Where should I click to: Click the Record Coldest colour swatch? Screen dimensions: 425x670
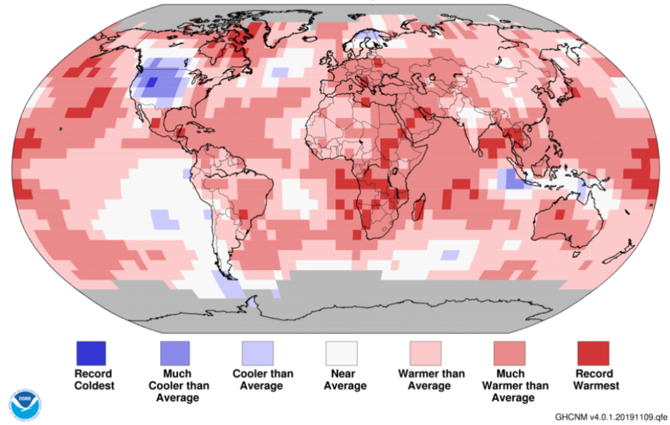tap(90, 353)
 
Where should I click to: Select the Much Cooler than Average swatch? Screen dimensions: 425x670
tap(174, 353)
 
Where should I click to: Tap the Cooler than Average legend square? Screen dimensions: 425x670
tap(258, 353)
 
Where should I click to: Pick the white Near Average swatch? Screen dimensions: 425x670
tap(342, 353)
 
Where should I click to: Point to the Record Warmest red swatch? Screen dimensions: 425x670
tap(593, 353)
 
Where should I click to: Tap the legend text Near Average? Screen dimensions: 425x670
tap(342, 380)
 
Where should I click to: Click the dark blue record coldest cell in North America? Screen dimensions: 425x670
tap(151, 83)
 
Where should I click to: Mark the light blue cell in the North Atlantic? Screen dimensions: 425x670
tap(280, 71)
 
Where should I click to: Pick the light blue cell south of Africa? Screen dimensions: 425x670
tap(450, 254)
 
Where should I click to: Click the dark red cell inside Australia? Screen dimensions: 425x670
tap(559, 214)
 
